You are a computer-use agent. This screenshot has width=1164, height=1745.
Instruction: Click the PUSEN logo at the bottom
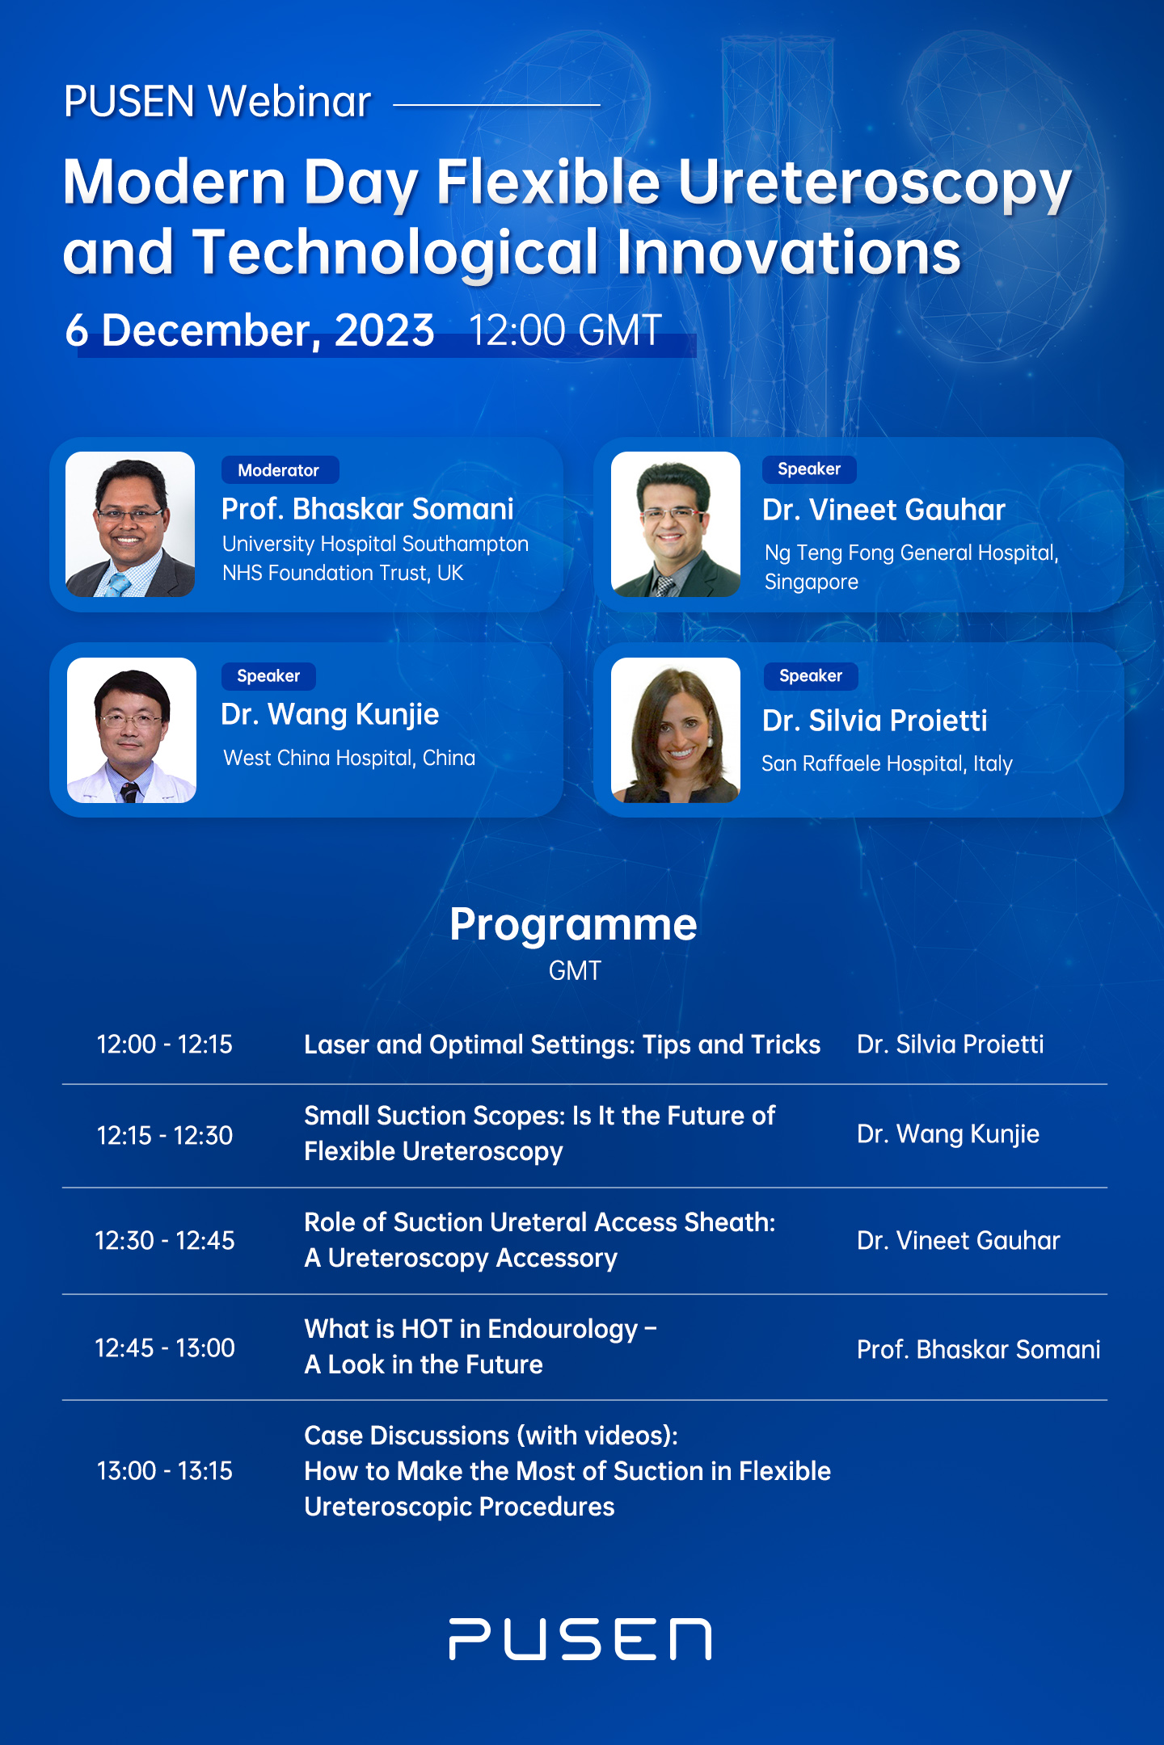[580, 1638]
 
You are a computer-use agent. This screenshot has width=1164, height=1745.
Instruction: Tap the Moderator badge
[280, 470]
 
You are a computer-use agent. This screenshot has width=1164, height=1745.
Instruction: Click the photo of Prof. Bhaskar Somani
[130, 524]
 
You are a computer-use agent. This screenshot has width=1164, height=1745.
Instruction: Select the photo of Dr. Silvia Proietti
[676, 730]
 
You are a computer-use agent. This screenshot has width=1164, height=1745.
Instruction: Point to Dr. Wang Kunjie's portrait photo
[132, 730]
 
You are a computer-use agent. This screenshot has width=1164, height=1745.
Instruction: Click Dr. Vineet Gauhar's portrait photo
[676, 524]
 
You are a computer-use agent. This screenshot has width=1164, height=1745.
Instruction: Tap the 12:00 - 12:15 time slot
[165, 1045]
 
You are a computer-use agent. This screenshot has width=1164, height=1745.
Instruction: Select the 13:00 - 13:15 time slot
[165, 1471]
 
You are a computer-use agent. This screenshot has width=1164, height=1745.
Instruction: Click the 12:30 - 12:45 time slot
[165, 1241]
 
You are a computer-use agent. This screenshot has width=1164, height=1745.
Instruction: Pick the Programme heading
[573, 925]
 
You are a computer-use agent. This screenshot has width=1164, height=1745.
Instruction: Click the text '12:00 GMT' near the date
[566, 331]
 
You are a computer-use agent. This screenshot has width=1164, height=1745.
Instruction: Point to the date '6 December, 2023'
[251, 331]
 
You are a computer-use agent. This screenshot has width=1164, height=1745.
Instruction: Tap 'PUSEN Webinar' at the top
[218, 103]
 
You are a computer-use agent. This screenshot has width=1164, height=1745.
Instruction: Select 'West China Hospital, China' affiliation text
[349, 759]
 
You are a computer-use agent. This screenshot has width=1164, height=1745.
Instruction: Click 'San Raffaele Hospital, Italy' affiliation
[887, 763]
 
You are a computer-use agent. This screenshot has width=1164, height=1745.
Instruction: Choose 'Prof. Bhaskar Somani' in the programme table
[978, 1349]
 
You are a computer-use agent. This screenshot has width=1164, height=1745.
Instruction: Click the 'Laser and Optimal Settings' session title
[562, 1045]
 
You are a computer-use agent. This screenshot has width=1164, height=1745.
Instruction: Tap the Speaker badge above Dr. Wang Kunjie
[268, 676]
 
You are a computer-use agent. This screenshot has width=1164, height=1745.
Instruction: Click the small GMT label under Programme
[575, 971]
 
